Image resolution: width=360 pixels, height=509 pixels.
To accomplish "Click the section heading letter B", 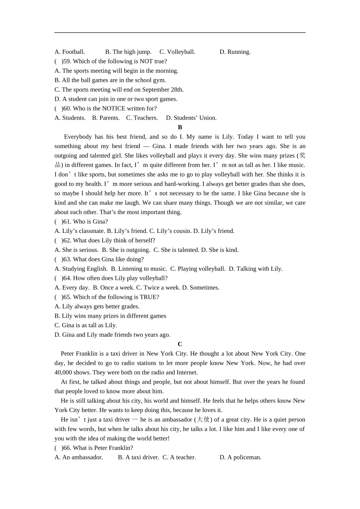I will [x=180, y=127].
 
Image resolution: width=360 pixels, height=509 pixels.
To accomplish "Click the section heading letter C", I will [x=180, y=344].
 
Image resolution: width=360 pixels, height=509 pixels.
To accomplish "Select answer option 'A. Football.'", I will [x=70, y=52].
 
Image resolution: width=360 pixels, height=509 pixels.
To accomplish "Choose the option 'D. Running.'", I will [x=235, y=52].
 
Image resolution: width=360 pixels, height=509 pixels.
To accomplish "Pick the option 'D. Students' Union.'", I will [x=191, y=118].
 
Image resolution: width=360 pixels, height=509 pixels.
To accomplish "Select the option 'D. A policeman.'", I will [x=241, y=457].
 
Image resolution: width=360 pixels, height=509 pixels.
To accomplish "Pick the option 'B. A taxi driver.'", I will [x=139, y=457].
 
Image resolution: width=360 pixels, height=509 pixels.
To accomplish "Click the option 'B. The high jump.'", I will [x=128, y=52].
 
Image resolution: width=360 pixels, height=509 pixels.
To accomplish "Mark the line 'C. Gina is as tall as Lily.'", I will [x=86, y=325].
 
